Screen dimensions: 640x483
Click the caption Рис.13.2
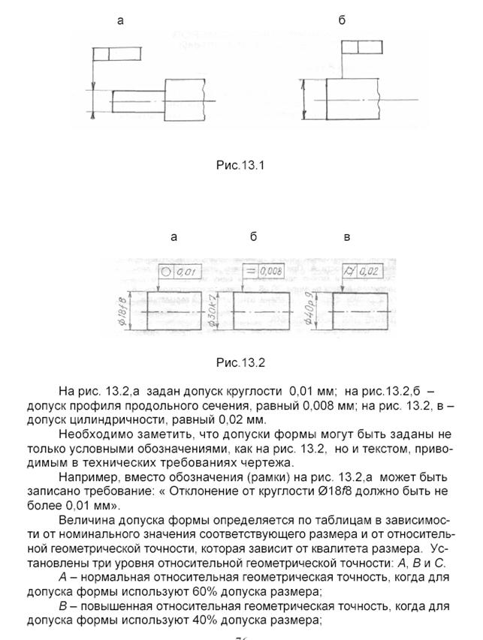(240, 362)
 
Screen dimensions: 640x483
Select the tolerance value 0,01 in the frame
(189, 272)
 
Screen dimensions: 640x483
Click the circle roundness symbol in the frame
(166, 272)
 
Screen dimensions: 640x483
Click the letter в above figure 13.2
(346, 237)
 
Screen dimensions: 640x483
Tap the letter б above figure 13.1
(342, 21)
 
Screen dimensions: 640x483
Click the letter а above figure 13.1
(120, 21)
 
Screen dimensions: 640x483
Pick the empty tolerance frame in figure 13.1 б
(358, 47)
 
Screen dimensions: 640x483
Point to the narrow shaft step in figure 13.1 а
(136, 100)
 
